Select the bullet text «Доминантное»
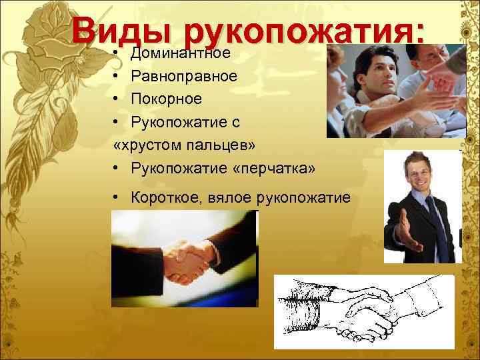[181, 52]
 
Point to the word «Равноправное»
[184, 75]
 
